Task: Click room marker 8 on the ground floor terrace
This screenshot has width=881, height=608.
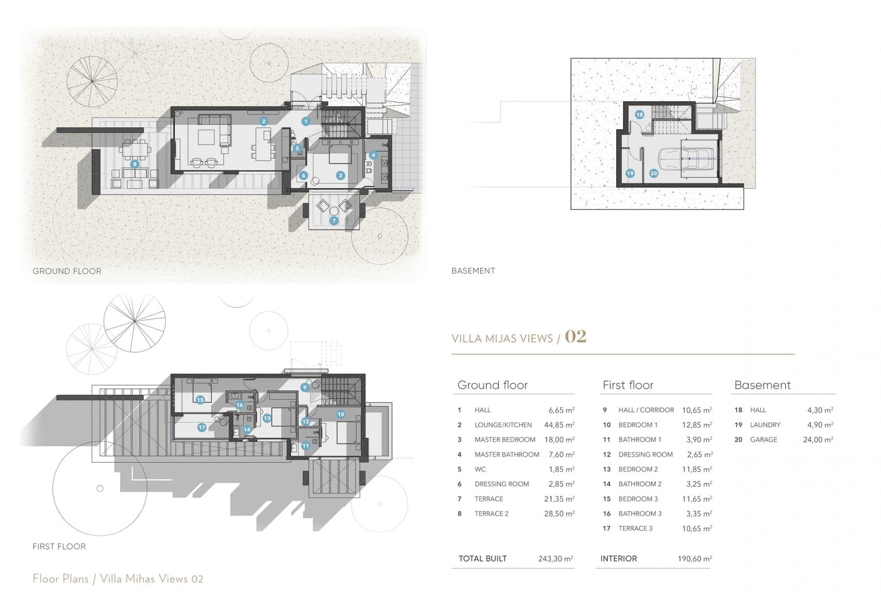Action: (x=134, y=164)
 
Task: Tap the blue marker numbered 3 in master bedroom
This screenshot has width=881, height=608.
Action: (x=340, y=175)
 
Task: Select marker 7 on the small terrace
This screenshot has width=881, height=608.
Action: (x=334, y=221)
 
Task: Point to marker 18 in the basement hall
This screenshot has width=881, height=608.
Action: (x=639, y=115)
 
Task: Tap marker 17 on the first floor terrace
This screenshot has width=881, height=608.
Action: (x=202, y=427)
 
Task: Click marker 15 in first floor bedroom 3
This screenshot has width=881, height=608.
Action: (x=200, y=400)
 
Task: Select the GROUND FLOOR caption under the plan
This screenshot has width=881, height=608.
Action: (x=67, y=271)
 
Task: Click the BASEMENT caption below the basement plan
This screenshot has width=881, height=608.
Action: (x=473, y=271)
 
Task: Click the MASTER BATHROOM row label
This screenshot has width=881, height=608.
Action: (x=507, y=454)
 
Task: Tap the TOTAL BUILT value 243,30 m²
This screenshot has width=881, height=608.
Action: (x=556, y=558)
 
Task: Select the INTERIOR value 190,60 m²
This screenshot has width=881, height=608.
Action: (x=694, y=558)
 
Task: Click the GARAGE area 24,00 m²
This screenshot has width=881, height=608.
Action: (x=818, y=439)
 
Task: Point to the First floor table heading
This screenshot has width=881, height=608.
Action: (x=628, y=385)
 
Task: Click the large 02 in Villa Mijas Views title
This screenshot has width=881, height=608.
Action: (x=575, y=336)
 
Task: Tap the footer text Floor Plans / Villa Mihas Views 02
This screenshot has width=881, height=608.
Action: (x=118, y=579)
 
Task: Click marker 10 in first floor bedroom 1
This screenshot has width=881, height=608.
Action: (x=340, y=414)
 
